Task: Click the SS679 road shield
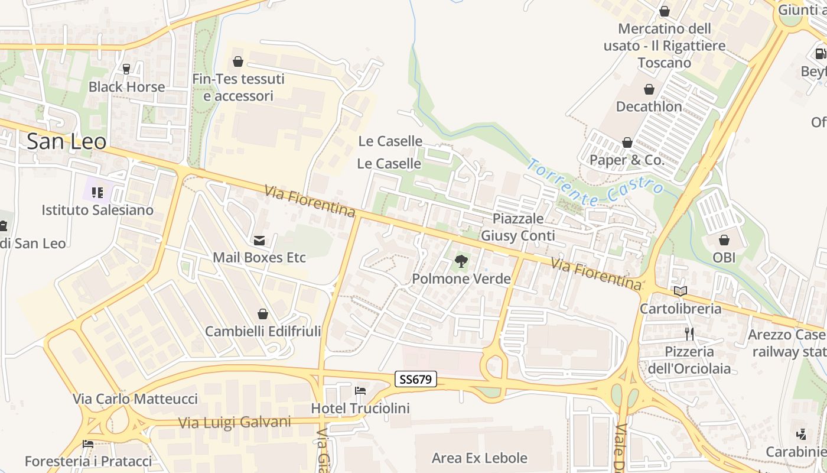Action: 415,379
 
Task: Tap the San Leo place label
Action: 67,142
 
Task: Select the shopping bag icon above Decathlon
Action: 649,89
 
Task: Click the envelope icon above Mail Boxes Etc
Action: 259,240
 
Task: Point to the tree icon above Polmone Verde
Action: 461,261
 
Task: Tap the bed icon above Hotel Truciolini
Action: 360,391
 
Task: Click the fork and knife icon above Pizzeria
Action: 689,334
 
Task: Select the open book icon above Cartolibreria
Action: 681,291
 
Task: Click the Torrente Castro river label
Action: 595,183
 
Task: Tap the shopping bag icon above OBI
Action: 724,240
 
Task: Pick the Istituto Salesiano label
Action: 97,210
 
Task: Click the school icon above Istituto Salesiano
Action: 97,192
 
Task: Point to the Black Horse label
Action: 126,87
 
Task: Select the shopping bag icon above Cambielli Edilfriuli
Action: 263,314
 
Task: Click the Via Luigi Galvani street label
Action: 235,422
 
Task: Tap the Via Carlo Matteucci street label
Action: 135,399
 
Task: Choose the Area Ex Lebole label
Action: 479,458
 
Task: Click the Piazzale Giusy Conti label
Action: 518,227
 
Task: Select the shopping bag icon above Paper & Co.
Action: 627,142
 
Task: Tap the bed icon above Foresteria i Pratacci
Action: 88,444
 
